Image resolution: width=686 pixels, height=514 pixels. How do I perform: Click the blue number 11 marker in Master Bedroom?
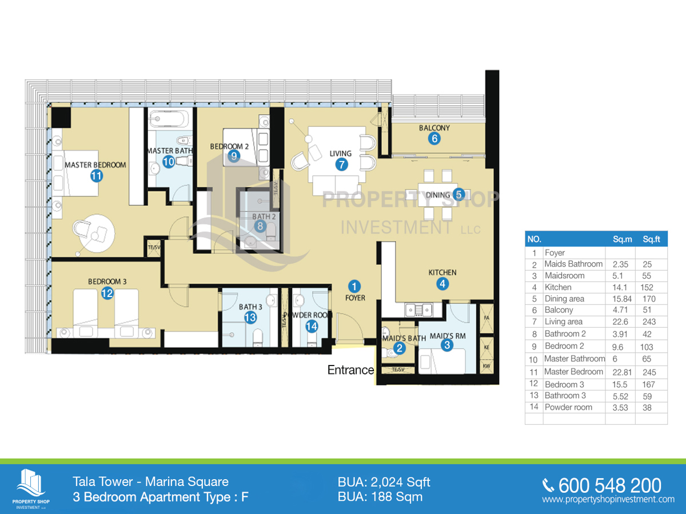click(x=96, y=176)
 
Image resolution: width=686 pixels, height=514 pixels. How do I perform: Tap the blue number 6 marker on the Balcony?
click(x=434, y=138)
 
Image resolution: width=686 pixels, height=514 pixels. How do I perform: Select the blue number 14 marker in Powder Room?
click(x=312, y=326)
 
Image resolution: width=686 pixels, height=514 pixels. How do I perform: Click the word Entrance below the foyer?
click(x=350, y=370)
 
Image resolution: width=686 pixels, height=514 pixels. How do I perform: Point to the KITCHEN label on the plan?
click(x=442, y=272)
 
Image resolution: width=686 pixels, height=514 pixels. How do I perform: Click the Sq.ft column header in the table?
click(x=651, y=239)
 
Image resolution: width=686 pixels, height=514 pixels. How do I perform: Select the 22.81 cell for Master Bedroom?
click(x=620, y=372)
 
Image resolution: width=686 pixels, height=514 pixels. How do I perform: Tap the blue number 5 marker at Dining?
click(x=458, y=194)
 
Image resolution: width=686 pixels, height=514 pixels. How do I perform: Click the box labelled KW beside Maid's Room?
click(x=487, y=366)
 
